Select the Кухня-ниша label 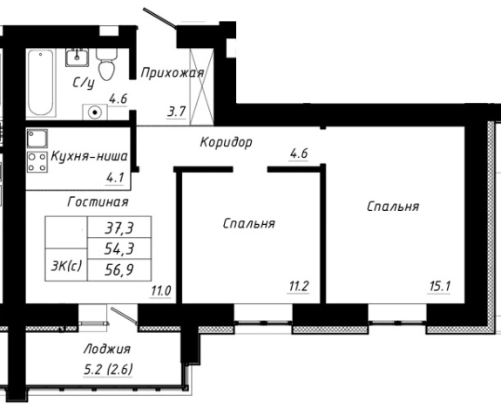[x=90, y=157]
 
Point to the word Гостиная [x=99, y=201]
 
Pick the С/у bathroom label [x=83, y=83]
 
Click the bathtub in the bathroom [x=40, y=84]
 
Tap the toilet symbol [x=107, y=64]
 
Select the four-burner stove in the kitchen [x=37, y=162]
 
